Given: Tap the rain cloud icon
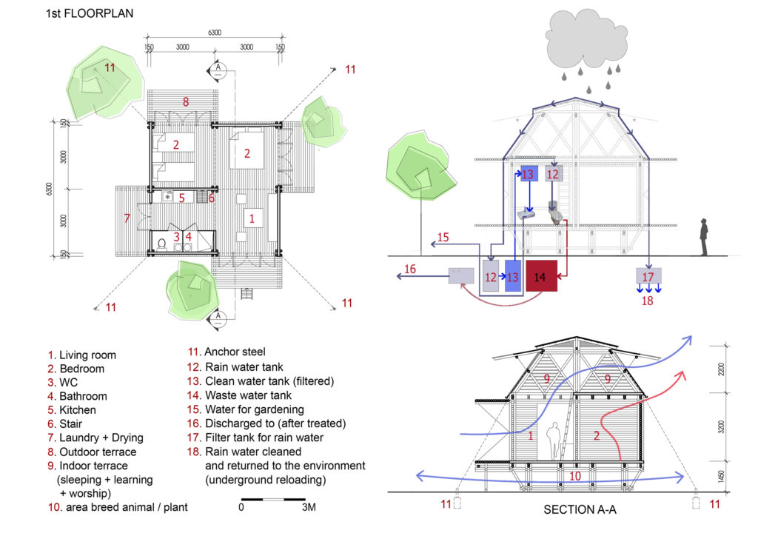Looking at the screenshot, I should tap(584, 45).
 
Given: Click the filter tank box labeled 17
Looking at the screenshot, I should tap(648, 278).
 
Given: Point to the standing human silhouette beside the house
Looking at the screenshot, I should tap(705, 238).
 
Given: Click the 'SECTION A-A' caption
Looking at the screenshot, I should tap(580, 510).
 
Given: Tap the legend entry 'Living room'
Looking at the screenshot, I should tap(81, 355).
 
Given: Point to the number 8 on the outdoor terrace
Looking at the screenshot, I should tap(187, 101).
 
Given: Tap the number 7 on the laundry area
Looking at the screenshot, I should tap(127, 218).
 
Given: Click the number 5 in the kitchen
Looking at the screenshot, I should tap(181, 198).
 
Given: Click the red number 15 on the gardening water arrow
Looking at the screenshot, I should tap(443, 237).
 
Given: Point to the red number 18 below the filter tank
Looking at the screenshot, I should tap(648, 300).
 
